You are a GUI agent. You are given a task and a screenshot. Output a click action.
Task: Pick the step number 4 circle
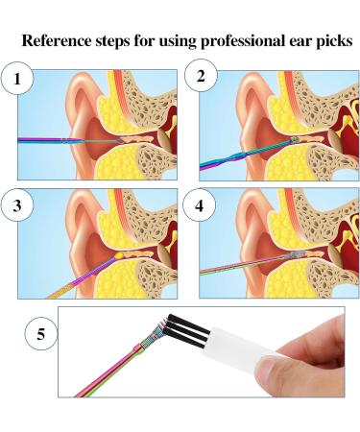[x=204, y=204]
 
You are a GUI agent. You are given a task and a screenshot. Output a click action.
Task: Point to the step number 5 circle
[x=40, y=336]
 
